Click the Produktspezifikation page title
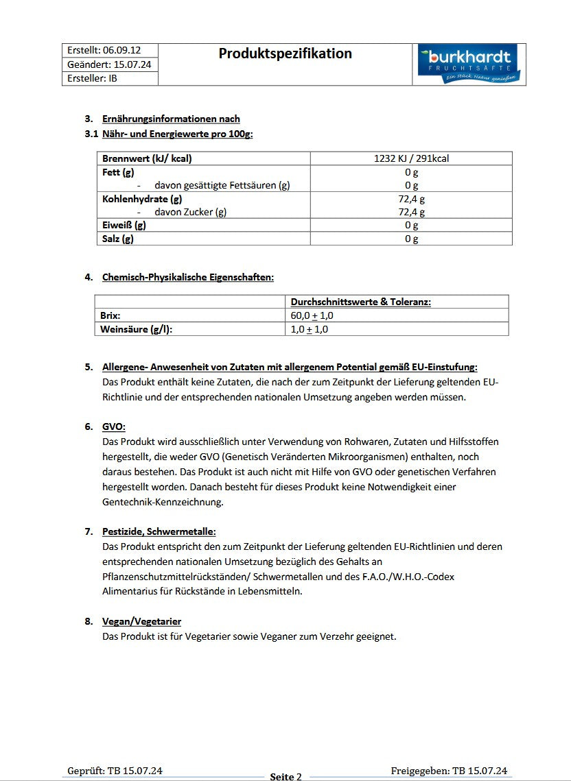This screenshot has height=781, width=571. pyautogui.click(x=285, y=53)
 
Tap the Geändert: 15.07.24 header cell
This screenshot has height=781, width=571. pyautogui.click(x=109, y=64)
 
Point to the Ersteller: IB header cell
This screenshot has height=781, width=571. pyautogui.click(x=92, y=78)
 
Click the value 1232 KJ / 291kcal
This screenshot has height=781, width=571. pyautogui.click(x=411, y=158)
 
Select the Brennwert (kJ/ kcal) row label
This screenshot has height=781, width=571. pyautogui.click(x=147, y=158)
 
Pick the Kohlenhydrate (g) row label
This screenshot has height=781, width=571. pyautogui.click(x=142, y=199)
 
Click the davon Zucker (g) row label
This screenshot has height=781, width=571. pyautogui.click(x=190, y=212)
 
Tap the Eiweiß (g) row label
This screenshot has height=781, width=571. pyautogui.click(x=124, y=225)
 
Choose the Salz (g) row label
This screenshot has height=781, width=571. pyautogui.click(x=118, y=239)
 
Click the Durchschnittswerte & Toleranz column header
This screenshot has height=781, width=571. pyautogui.click(x=361, y=302)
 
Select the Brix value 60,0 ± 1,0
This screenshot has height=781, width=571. pyautogui.click(x=312, y=315)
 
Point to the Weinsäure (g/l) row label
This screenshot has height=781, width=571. pyautogui.click(x=136, y=329)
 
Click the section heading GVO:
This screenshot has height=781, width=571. pyautogui.click(x=114, y=426)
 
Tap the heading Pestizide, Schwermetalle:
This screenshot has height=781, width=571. pyautogui.click(x=159, y=531)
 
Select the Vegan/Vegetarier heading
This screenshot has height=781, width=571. pyautogui.click(x=141, y=621)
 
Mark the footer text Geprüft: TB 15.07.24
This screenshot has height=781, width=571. pyautogui.click(x=115, y=771)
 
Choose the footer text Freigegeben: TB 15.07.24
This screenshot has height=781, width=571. pyautogui.click(x=449, y=771)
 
